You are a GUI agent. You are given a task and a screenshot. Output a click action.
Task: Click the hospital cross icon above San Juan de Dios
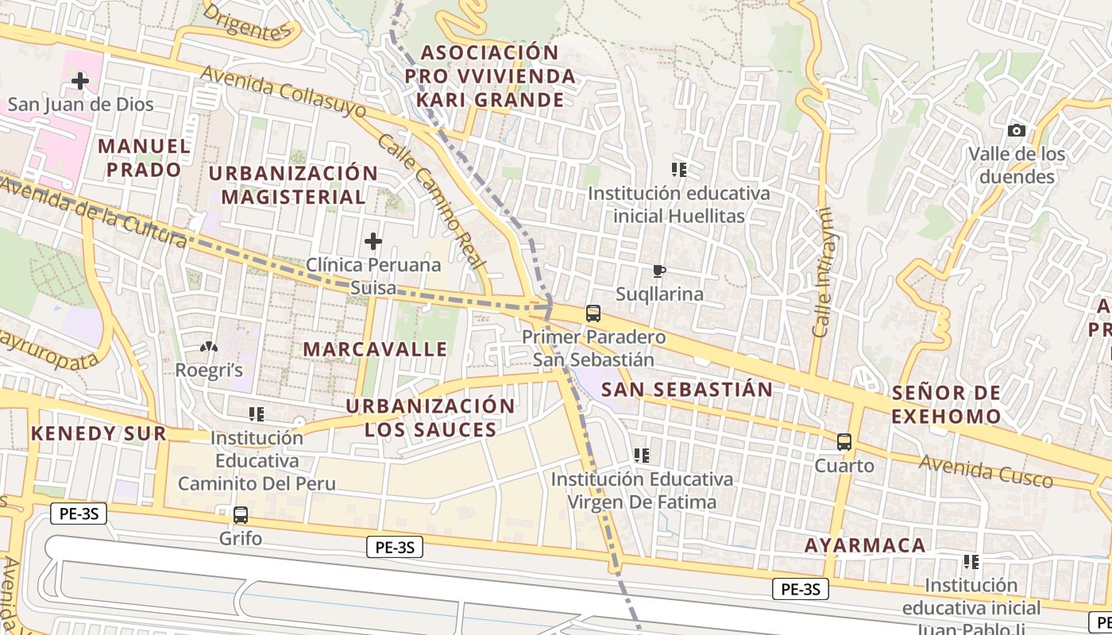[x=79, y=80]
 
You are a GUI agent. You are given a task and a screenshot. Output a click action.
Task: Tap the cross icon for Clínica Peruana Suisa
[x=373, y=241]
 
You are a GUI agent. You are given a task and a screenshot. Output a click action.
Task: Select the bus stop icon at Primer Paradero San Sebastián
[x=593, y=313]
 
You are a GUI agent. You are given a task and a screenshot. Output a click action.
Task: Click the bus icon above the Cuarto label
[x=844, y=442]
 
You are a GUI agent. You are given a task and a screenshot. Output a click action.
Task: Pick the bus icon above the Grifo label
[x=241, y=514]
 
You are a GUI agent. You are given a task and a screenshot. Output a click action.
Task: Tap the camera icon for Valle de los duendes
[x=1016, y=130]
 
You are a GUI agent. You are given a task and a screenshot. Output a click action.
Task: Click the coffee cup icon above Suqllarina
[x=658, y=271]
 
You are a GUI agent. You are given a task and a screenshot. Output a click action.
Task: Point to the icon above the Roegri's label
[x=209, y=347]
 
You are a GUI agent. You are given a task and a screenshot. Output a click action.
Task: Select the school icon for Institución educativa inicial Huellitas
[x=678, y=169]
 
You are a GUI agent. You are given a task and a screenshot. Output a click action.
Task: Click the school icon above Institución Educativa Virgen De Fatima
[x=642, y=456]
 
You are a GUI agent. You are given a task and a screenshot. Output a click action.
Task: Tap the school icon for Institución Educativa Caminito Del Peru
[x=257, y=414]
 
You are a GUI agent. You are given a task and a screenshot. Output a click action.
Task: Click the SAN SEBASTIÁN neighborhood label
[x=686, y=389]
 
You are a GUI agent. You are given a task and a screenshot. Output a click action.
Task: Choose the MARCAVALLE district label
[x=375, y=349]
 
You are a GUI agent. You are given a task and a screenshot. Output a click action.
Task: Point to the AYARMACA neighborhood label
[x=865, y=545]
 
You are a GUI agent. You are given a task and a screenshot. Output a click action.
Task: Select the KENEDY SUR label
[x=98, y=433]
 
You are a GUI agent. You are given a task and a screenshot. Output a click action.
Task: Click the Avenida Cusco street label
[x=986, y=471]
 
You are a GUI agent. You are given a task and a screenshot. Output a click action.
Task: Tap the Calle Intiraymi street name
[x=821, y=271]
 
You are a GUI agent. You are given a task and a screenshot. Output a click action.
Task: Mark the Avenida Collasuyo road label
[x=283, y=92]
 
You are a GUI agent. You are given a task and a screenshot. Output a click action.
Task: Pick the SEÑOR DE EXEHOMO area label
[x=945, y=404]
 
